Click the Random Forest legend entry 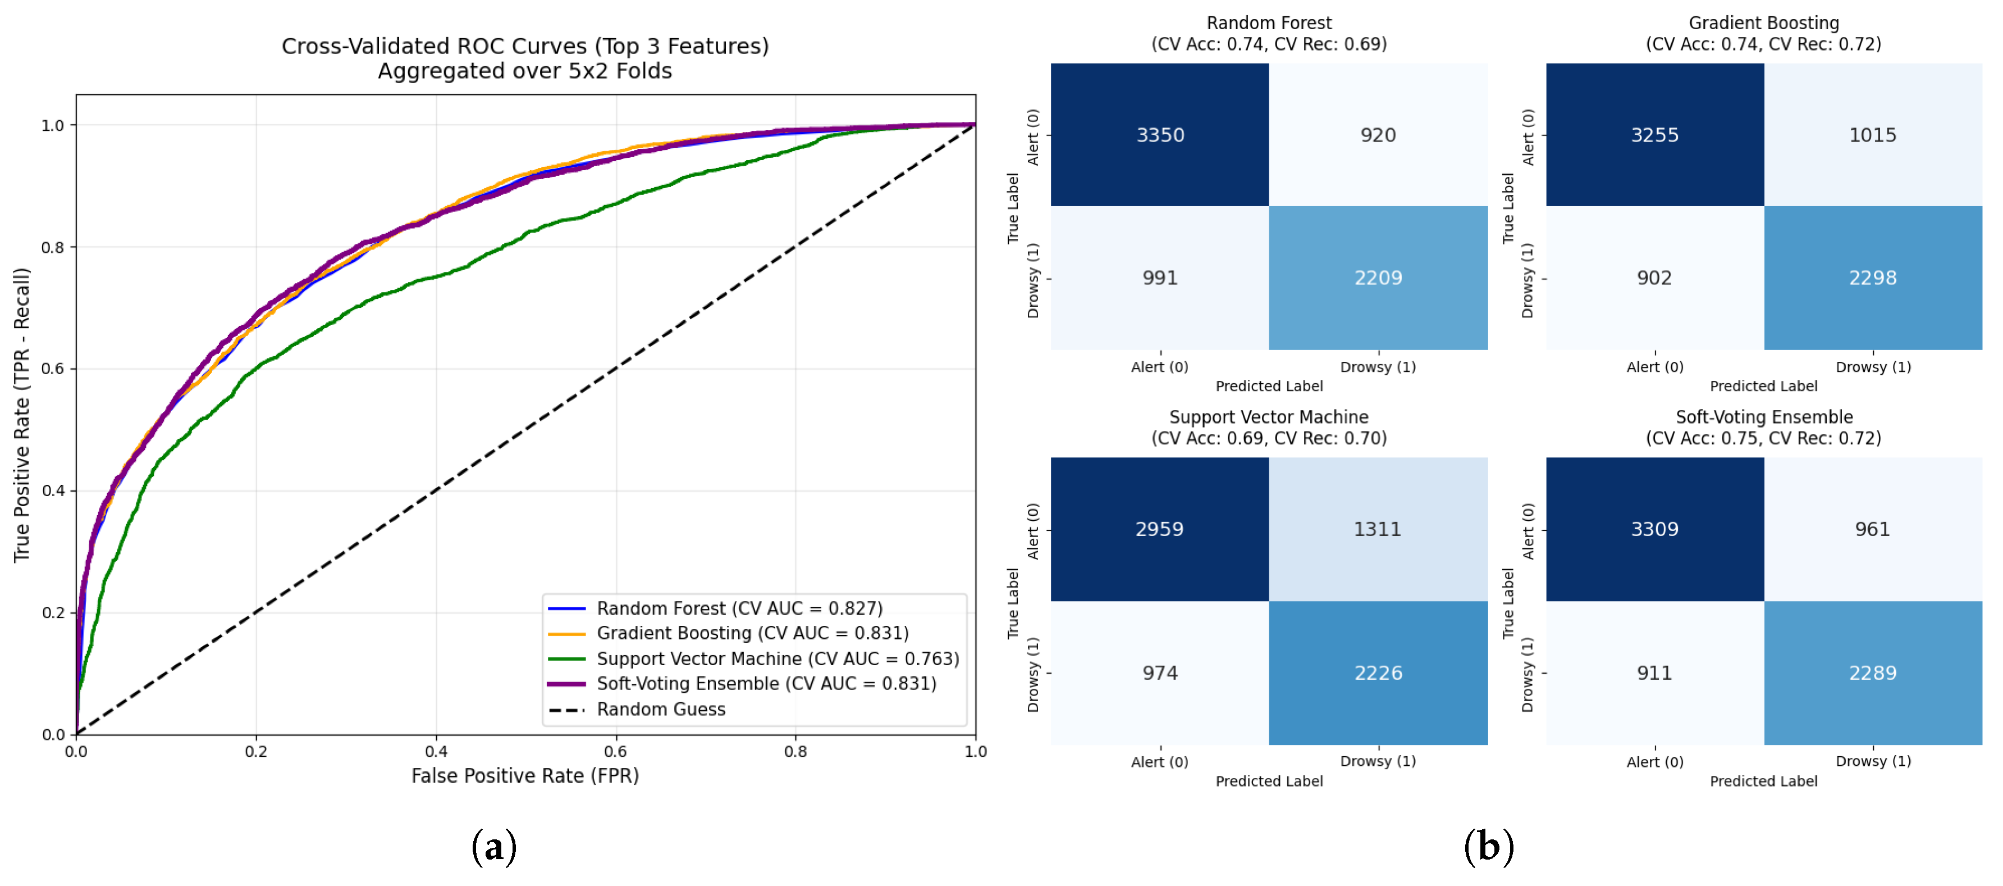click(715, 608)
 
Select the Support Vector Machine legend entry click(753, 659)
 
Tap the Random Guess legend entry click(637, 710)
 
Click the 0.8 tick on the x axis click(795, 751)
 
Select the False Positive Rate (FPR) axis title click(525, 775)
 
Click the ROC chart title click(525, 58)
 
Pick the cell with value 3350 click(1160, 135)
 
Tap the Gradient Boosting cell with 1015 click(1873, 135)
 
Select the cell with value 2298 click(1873, 278)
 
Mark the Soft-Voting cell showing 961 click(1873, 529)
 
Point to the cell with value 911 click(1654, 673)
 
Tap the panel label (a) click(494, 846)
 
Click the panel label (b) click(1488, 846)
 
